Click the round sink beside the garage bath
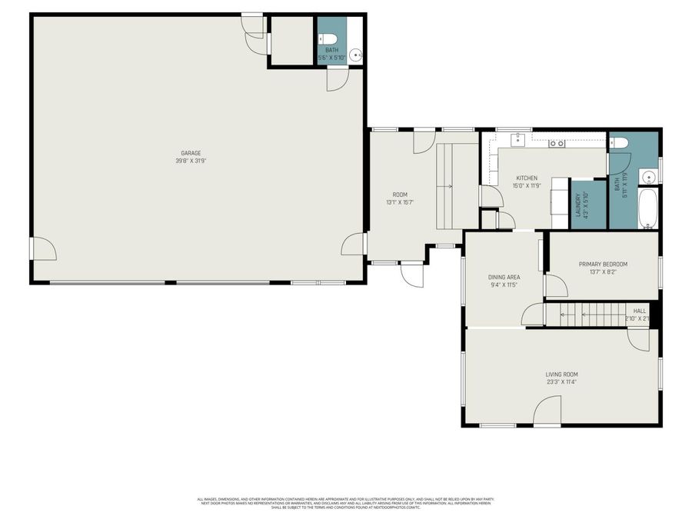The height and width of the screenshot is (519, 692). click(x=356, y=55)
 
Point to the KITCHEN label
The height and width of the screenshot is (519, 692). click(x=527, y=178)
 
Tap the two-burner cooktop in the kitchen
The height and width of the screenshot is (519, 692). click(x=557, y=143)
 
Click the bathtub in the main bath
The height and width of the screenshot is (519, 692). click(x=647, y=208)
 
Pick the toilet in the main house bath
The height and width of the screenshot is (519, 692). click(x=619, y=143)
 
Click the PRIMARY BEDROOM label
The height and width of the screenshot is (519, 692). click(x=603, y=264)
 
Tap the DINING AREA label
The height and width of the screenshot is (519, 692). click(x=504, y=277)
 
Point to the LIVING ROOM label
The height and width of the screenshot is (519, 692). click(x=561, y=374)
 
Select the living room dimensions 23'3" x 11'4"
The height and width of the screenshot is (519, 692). click(x=561, y=382)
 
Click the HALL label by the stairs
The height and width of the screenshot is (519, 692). click(x=639, y=311)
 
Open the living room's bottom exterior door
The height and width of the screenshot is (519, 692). click(x=547, y=411)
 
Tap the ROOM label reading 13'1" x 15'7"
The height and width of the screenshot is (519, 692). click(x=400, y=195)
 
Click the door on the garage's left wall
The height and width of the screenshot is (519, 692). click(x=42, y=248)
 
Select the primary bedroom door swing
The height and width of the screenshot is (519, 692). click(x=556, y=286)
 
